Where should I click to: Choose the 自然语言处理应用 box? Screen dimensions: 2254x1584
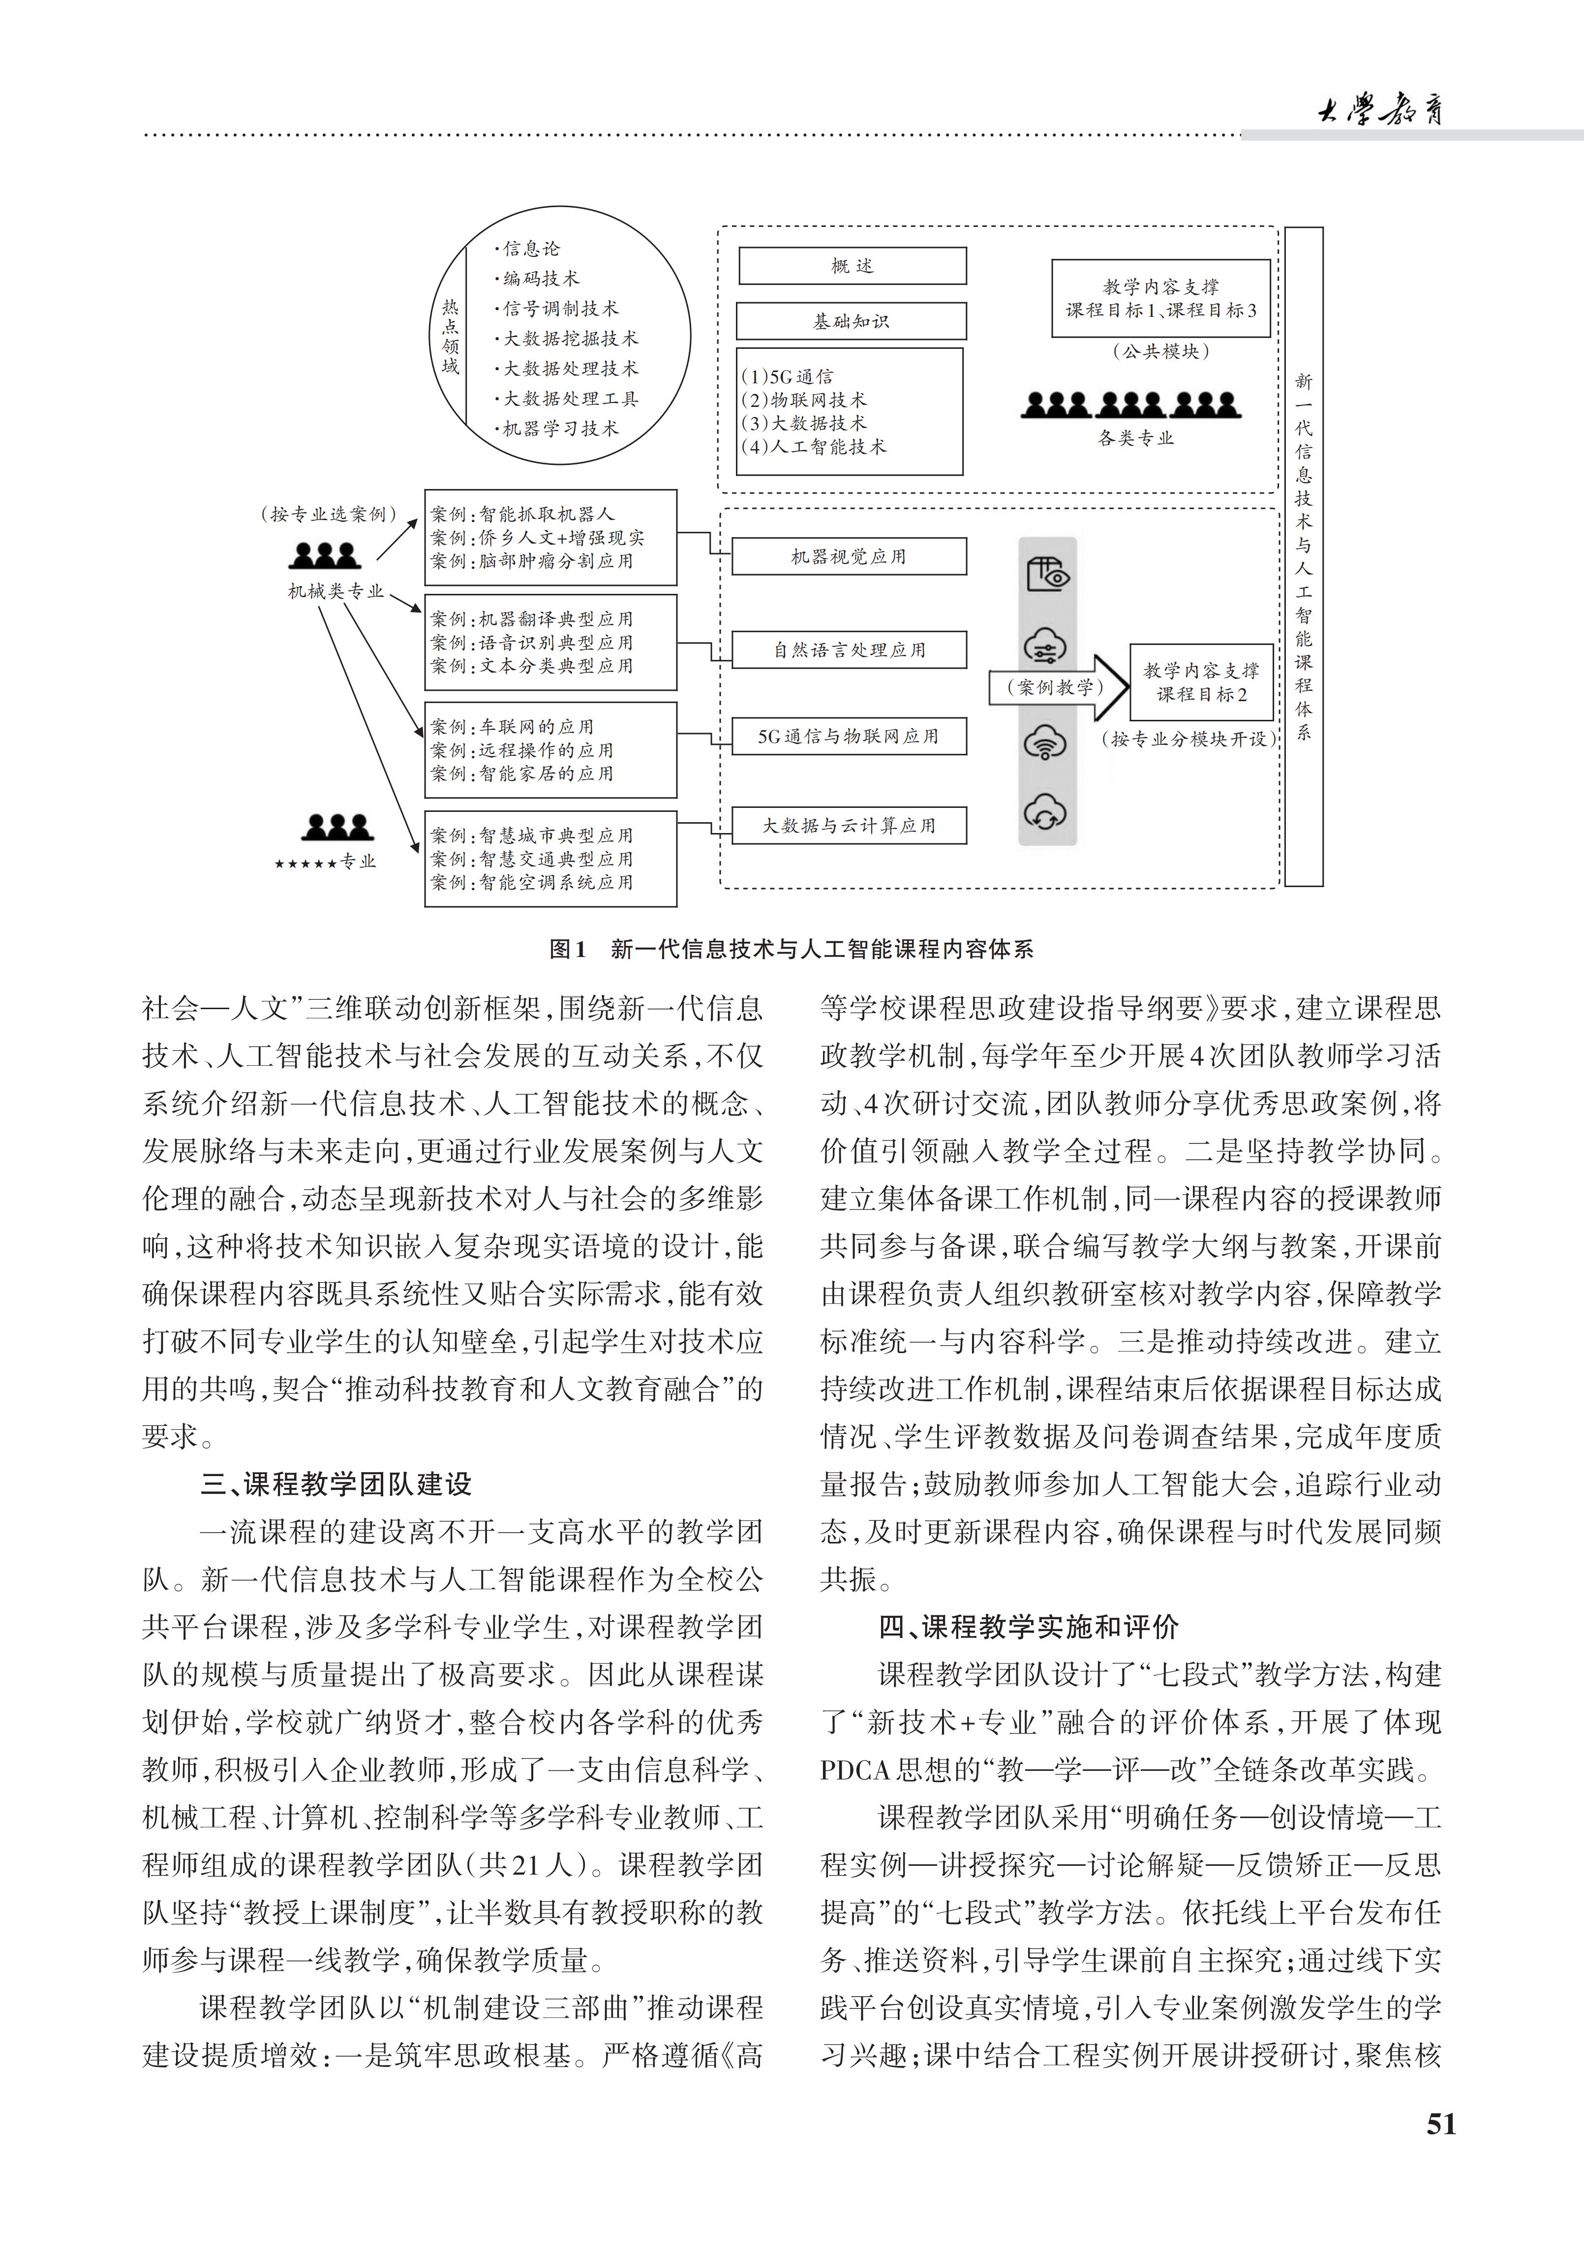point(849,650)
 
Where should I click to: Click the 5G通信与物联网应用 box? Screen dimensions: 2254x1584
point(849,736)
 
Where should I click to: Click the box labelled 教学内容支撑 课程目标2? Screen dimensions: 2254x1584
point(1201,682)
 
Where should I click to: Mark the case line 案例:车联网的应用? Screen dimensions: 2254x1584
point(512,726)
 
